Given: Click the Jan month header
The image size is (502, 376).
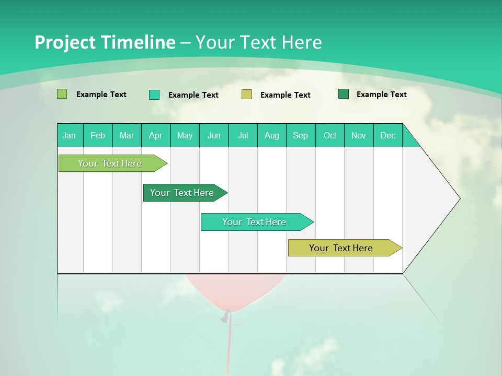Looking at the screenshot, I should point(70,135).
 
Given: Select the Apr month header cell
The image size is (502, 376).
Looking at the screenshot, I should point(156,135).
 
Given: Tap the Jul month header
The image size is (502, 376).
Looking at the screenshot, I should point(243,135).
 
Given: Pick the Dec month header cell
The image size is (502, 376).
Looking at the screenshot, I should point(387,135).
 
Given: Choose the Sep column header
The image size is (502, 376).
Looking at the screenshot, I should point(300,135).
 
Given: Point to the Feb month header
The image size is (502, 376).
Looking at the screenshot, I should point(98,135).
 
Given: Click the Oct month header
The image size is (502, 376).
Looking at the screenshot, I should point(330,135).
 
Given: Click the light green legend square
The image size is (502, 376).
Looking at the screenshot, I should point(62,94).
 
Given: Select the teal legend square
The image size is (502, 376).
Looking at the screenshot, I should point(154,95).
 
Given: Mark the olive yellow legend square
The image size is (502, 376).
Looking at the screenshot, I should point(247,95).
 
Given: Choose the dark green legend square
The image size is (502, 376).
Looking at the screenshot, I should point(344,94).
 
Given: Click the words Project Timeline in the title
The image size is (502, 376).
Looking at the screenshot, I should point(105,42).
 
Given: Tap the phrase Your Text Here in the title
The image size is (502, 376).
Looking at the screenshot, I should point(259,42).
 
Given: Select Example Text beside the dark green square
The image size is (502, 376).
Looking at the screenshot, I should point(381,95).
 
